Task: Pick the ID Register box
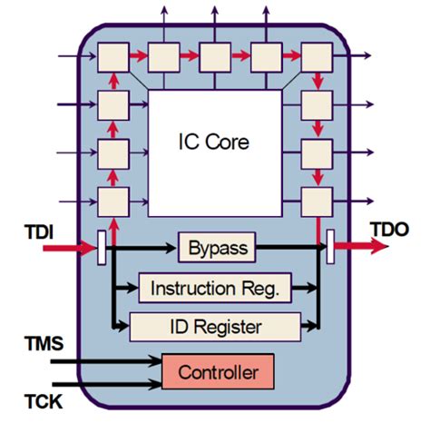pos(216,324)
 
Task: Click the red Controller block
pos(217,372)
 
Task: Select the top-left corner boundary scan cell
pos(114,57)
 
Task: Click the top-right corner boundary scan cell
pos(318,57)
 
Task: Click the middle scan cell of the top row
pos(216,57)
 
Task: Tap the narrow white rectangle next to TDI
pos(102,244)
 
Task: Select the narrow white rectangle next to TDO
pos(329,244)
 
